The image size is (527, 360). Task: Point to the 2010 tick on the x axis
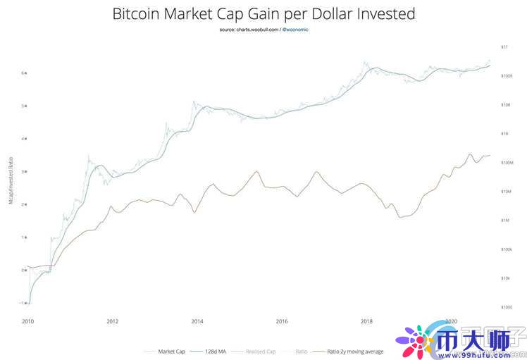[x=27, y=321]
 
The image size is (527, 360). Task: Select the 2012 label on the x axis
[x=112, y=321]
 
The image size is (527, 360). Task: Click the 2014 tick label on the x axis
[x=197, y=321]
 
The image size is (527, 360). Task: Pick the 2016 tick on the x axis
[x=282, y=321]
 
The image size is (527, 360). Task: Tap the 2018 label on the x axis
[x=366, y=321]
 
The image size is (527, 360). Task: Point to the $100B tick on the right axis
[x=505, y=75]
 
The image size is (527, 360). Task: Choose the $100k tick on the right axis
[x=505, y=249]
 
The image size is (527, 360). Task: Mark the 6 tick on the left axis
[x=23, y=73]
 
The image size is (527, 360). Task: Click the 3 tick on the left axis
[x=23, y=171]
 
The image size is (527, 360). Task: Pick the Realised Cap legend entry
[x=259, y=349]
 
